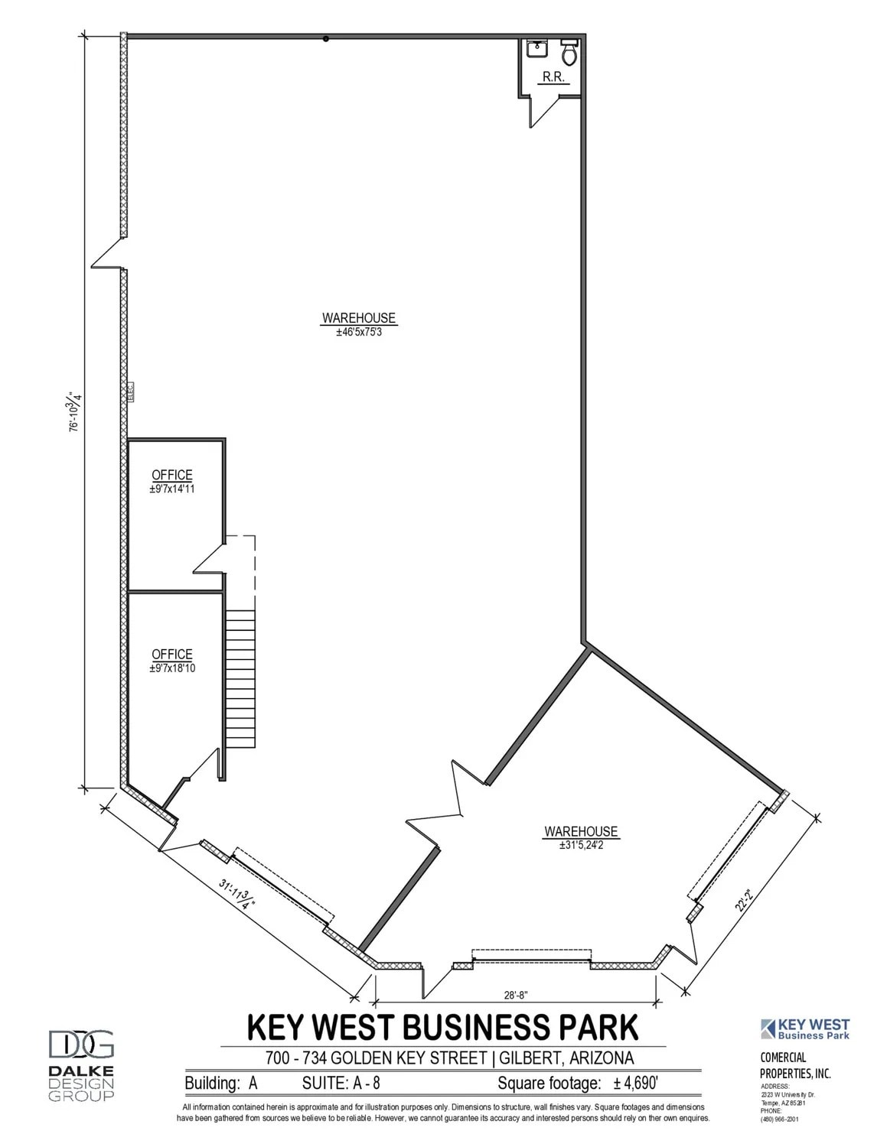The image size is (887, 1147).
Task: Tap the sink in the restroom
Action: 536,48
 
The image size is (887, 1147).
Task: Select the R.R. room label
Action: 553,76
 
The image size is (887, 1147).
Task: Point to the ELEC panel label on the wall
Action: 130,392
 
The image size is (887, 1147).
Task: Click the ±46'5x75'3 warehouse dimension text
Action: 358,333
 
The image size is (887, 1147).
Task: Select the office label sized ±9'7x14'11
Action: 172,489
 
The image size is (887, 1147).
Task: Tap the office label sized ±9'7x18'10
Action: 172,668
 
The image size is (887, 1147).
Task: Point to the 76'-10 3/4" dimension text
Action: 75,413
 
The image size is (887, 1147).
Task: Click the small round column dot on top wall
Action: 325,39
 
